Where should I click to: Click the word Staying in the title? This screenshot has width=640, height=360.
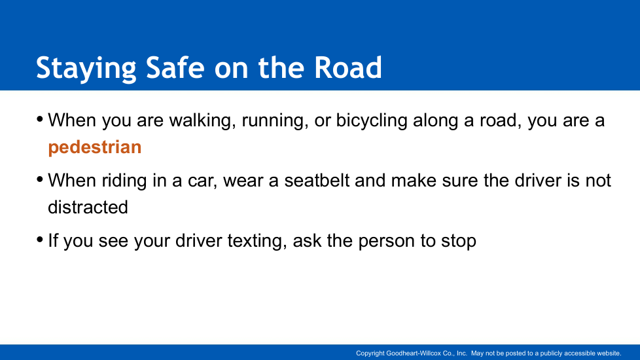point(86,68)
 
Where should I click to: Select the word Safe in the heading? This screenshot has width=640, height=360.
point(175,67)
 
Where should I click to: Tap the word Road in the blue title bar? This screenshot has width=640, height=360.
point(347,67)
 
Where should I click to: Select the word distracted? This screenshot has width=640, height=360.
point(88,207)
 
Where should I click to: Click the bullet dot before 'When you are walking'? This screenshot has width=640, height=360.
point(40,120)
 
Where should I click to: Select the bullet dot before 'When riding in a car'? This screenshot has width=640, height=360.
point(40,179)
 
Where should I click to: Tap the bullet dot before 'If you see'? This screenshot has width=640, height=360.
point(40,240)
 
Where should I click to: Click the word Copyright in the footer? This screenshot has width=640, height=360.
point(370,353)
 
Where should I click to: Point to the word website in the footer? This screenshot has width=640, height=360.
point(608,353)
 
